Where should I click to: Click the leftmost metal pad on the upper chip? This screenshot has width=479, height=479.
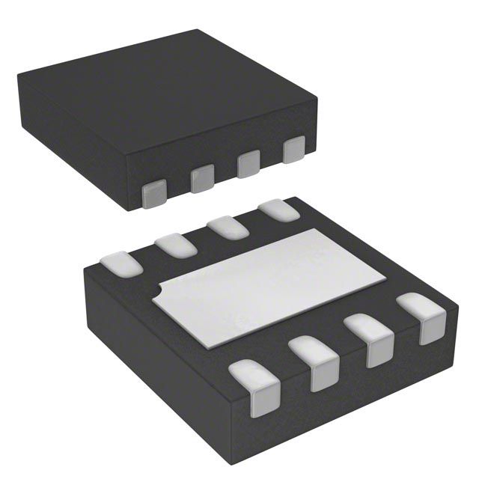click(153, 193)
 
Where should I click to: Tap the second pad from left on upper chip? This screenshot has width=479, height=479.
click(202, 178)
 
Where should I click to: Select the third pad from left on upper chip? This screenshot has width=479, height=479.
click(248, 164)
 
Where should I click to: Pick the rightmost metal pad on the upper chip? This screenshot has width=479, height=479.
click(294, 149)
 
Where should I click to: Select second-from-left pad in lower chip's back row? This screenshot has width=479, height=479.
click(176, 245)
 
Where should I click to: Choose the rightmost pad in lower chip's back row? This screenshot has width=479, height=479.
click(278, 210)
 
